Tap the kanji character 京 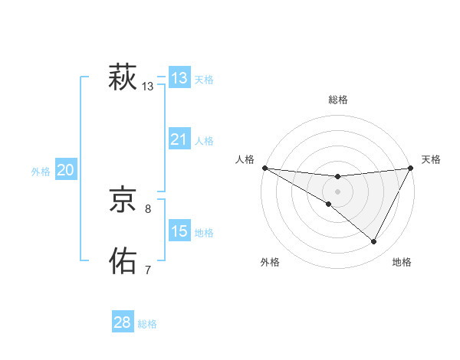click(x=123, y=201)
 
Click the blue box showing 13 click(x=179, y=78)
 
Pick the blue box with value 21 click(x=179, y=139)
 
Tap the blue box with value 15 click(x=179, y=231)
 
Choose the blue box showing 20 click(x=66, y=170)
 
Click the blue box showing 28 click(x=123, y=322)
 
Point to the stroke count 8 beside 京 click(x=148, y=208)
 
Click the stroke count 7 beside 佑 click(x=148, y=270)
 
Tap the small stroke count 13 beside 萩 click(x=148, y=87)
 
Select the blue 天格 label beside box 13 click(x=204, y=80)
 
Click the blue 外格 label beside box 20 click(x=41, y=172)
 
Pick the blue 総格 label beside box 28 click(x=147, y=324)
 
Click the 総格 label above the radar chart click(x=338, y=100)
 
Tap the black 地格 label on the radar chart click(x=402, y=263)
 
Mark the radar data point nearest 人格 click(x=264, y=167)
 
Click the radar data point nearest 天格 click(x=412, y=168)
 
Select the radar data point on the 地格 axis click(x=374, y=242)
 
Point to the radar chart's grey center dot click(x=338, y=191)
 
